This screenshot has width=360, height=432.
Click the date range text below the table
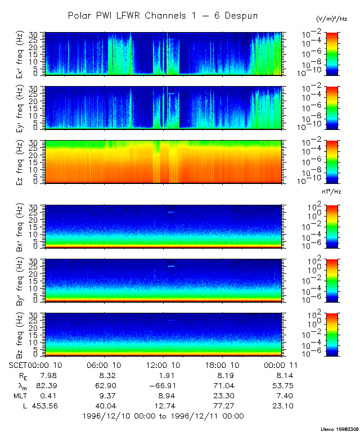point(163,416)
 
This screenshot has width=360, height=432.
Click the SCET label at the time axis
point(17,366)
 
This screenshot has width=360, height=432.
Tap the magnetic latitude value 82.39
point(47,386)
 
